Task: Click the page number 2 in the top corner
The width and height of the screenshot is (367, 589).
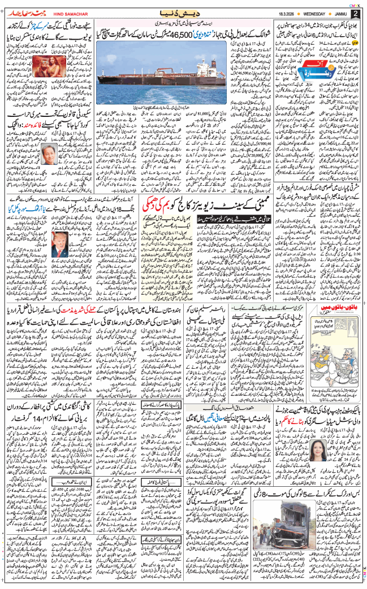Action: coord(355,13)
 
